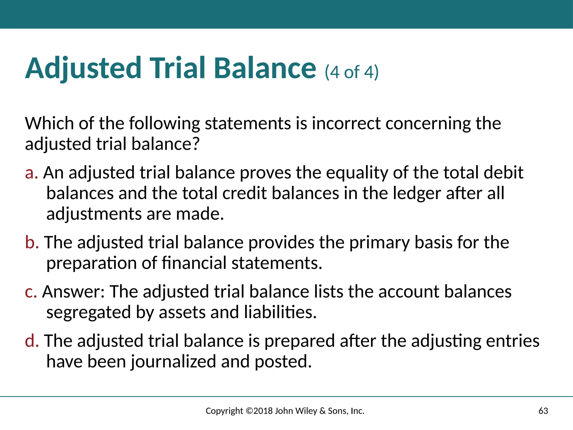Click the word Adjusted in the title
[x=83, y=68]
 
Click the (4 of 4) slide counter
[x=351, y=72]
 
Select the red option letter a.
[x=31, y=173]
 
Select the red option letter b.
[x=32, y=242]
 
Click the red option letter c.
[x=31, y=292]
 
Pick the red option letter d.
[x=32, y=341]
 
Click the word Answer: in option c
[x=73, y=292]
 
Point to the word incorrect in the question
[x=346, y=123]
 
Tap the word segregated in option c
[x=88, y=313]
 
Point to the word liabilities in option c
[x=280, y=312]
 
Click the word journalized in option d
[x=173, y=362]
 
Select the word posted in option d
[x=283, y=362]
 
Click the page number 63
[x=543, y=411]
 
